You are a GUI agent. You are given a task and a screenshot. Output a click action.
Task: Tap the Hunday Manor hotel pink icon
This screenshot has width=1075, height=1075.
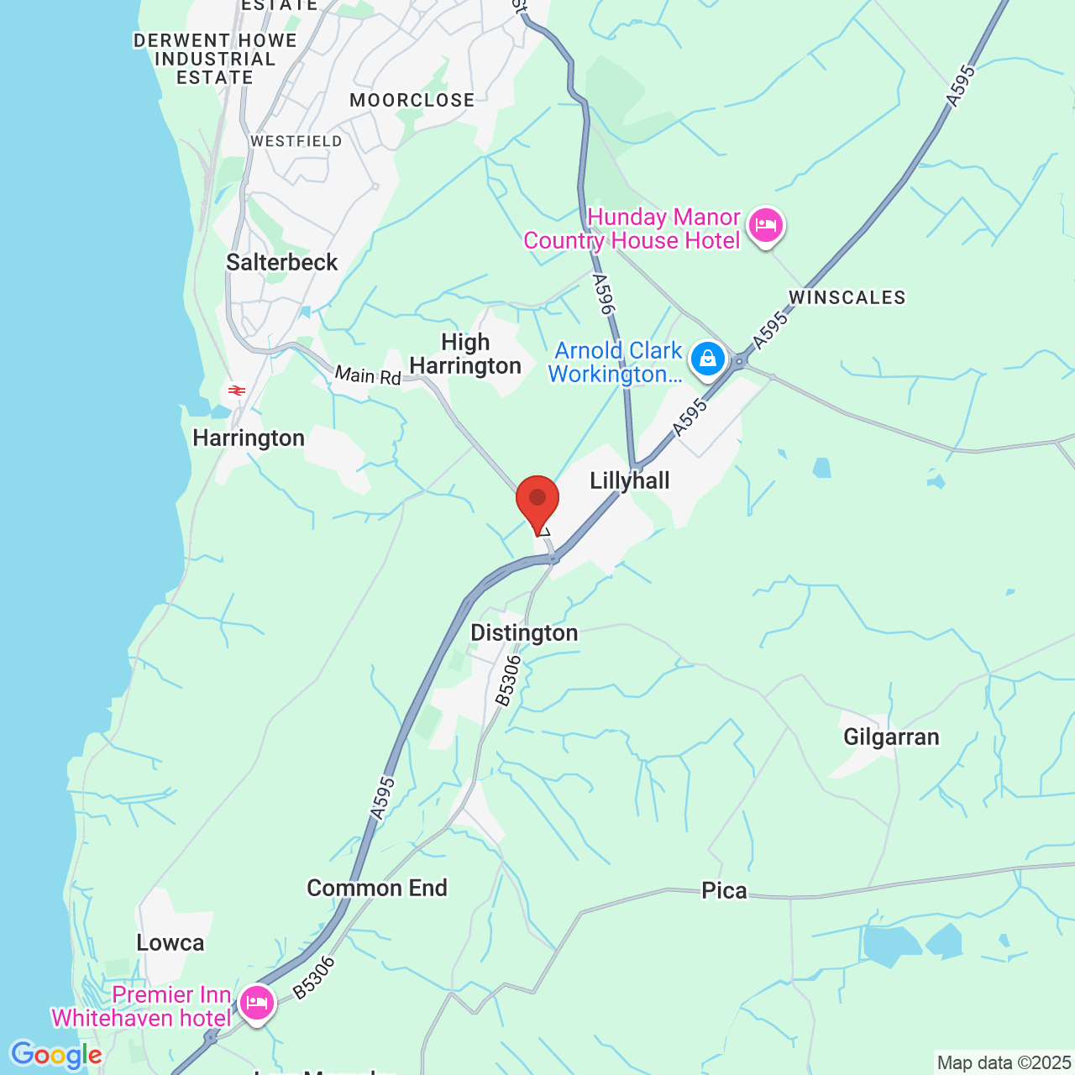(x=765, y=226)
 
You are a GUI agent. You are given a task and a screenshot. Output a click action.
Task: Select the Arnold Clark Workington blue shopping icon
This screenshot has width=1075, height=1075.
(x=708, y=359)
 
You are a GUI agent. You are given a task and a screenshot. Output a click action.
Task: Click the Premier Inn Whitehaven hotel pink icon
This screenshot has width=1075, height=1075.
(x=257, y=1003)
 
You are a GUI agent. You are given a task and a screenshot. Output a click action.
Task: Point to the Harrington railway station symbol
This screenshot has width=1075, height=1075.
(x=236, y=390)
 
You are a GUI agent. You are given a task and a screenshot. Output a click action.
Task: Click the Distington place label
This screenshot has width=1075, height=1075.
(x=524, y=633)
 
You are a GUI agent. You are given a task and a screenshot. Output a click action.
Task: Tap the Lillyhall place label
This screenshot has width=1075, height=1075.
(x=630, y=481)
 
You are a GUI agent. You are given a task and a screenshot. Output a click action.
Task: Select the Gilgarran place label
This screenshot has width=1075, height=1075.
(x=891, y=737)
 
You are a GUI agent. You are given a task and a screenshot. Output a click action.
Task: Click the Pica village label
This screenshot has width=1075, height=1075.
(x=724, y=891)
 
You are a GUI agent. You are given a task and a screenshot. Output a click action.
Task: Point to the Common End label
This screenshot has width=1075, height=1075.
(x=377, y=889)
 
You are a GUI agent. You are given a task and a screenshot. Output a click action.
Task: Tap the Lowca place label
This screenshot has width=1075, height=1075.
(x=170, y=943)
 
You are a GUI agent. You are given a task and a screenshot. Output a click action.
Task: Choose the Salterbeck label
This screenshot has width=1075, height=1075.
(x=282, y=263)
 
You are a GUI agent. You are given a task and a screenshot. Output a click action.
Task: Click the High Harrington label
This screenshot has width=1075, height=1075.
(x=465, y=354)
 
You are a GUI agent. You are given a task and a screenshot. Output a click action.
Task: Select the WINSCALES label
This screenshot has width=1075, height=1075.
(x=847, y=298)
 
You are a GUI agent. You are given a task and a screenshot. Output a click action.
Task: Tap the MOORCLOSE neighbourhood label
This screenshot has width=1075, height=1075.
(x=412, y=101)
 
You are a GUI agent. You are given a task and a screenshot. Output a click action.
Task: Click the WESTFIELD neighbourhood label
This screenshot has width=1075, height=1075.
(x=296, y=141)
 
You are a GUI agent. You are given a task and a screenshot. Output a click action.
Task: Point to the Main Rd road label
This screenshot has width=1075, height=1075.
(x=368, y=375)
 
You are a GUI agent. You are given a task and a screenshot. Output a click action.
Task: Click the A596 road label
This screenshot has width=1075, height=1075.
(x=604, y=294)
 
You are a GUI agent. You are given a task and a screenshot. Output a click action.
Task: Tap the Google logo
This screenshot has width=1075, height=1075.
(x=56, y=1056)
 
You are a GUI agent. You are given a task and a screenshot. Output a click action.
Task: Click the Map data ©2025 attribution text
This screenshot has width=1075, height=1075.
(x=1004, y=1063)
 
